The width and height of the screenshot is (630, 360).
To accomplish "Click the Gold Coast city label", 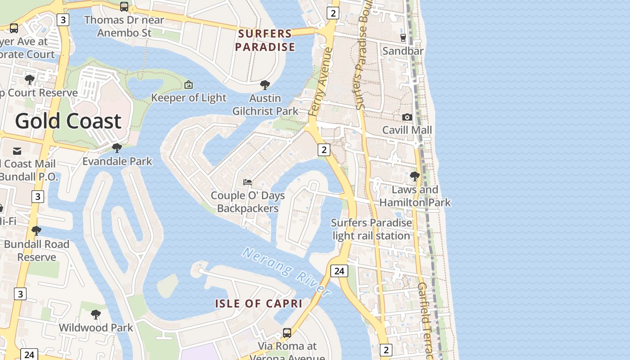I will coord(68,121).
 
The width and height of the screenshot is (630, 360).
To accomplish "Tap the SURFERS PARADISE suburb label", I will coord(265,40).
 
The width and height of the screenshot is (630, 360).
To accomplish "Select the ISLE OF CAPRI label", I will coord(258,303).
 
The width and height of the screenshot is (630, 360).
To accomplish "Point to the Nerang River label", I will coord(287,271).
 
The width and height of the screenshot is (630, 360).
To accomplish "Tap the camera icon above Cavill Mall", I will coord(407,117).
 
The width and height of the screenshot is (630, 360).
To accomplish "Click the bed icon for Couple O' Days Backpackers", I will coord(247,182).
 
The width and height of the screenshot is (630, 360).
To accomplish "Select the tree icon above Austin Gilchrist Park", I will coord(265,85).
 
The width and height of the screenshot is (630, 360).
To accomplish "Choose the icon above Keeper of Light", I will coord(189,84).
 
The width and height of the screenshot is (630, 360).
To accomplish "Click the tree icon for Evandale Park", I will coord(117,148).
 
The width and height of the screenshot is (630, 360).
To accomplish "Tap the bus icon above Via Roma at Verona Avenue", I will coord(287,333).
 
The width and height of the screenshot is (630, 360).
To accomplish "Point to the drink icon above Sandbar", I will coord(403,37).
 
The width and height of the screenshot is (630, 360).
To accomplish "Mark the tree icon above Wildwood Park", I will coord(95,314).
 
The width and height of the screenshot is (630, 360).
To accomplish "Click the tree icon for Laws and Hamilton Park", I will coord(415,176).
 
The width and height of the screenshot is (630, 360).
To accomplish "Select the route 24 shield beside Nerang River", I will coord(339,270).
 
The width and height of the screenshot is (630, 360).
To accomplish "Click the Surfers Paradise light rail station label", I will coord(371,229).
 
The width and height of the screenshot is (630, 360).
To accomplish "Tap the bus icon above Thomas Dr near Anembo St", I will coord(124,6).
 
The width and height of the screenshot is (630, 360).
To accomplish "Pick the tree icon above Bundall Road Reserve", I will coord(36,231).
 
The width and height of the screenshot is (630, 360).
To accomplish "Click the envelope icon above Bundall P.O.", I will coord(17,151).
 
